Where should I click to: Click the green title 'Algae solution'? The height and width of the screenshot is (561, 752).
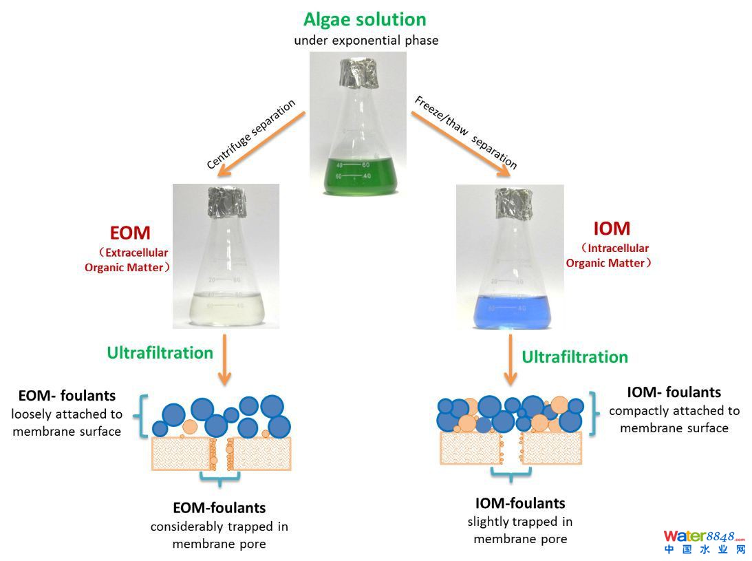click(365, 19)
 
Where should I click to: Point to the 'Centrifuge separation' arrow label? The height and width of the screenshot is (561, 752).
click(251, 134)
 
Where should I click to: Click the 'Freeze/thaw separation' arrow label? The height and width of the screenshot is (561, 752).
click(465, 132)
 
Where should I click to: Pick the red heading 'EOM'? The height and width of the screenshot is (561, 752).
click(130, 233)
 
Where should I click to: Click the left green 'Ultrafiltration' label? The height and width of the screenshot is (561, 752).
click(160, 352)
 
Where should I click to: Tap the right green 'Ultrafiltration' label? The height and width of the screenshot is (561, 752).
click(574, 357)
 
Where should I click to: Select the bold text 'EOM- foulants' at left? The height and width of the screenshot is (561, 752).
click(67, 396)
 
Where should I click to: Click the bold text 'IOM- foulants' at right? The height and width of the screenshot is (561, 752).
click(674, 392)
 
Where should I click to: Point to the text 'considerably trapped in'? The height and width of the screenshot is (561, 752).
click(219, 527)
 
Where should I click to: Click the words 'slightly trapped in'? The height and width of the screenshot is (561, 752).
click(520, 521)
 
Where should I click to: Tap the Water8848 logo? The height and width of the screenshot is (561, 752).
click(704, 541)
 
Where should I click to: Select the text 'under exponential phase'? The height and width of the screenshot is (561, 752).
click(366, 40)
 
